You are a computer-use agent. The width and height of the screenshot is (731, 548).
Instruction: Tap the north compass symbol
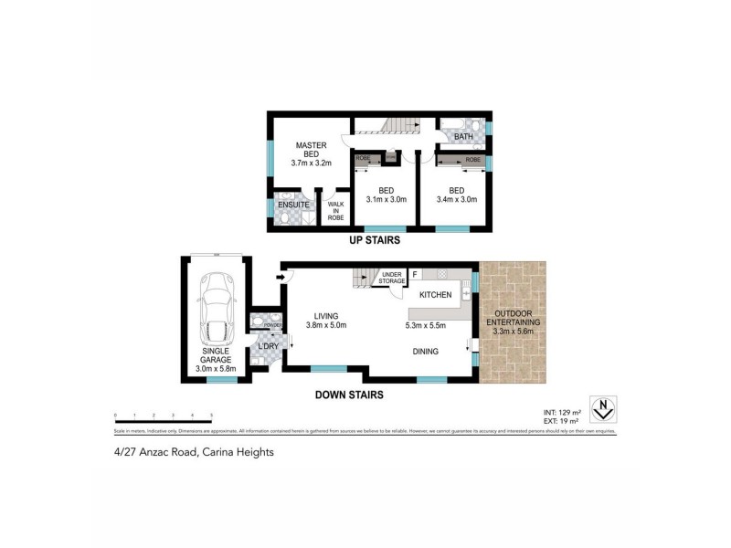click(602, 407)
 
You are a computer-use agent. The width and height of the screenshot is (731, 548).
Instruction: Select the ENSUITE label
click(293, 205)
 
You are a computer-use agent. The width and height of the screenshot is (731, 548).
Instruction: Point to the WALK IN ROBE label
click(335, 211)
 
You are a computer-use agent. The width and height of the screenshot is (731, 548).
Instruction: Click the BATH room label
click(463, 137)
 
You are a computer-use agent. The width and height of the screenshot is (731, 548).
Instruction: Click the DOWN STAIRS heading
click(348, 395)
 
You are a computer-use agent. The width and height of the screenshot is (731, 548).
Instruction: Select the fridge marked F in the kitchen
click(415, 274)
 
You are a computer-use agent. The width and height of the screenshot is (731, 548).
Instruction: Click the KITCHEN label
click(435, 295)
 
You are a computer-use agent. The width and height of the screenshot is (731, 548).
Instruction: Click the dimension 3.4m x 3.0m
click(457, 199)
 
